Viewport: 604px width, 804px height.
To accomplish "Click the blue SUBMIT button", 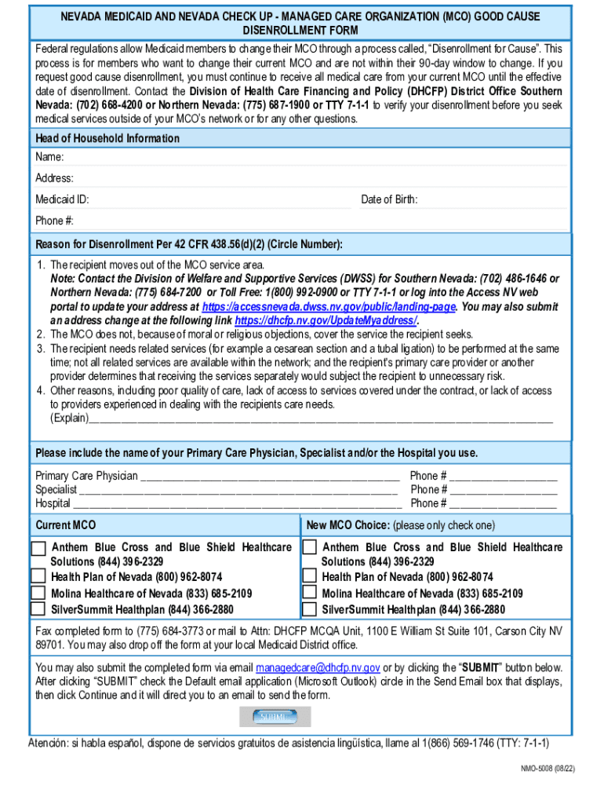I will point(275,717).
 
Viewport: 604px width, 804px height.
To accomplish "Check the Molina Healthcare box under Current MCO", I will point(38,594).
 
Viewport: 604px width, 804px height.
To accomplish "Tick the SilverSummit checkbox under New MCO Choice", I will point(310,608).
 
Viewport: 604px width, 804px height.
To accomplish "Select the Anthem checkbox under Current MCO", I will point(38,548).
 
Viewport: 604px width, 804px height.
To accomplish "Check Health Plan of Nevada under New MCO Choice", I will point(310,577).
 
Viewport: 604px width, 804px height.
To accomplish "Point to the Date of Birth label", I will point(389,200).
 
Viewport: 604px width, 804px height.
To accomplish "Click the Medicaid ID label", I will point(62,200).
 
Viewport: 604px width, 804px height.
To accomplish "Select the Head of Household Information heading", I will point(107,138).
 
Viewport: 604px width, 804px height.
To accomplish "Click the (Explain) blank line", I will point(322,419).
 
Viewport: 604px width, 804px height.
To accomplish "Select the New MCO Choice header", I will point(347,524).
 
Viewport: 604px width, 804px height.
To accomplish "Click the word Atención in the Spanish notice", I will point(48,743).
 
